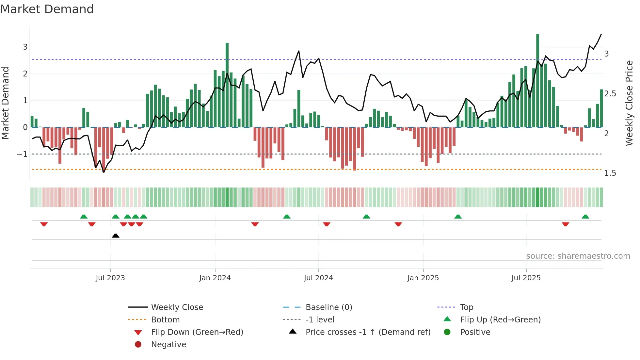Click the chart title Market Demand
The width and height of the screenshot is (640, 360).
(47, 9)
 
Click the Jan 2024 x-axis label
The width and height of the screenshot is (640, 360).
(215, 278)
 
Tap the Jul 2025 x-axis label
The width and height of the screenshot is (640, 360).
(526, 278)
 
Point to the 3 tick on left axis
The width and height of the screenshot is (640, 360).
(25, 47)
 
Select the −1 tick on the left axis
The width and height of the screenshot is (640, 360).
(22, 154)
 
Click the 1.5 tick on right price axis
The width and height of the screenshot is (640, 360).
(610, 173)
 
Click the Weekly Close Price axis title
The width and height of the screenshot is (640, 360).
(629, 103)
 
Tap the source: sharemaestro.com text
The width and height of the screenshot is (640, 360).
(578, 256)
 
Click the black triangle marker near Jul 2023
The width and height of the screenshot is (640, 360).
(116, 236)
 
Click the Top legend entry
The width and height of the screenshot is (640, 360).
(466, 307)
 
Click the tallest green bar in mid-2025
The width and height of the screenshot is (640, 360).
(537, 82)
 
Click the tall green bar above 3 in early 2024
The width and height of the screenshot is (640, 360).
(227, 85)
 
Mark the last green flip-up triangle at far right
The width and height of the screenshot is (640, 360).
(585, 217)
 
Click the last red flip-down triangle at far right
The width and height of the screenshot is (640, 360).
(566, 224)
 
